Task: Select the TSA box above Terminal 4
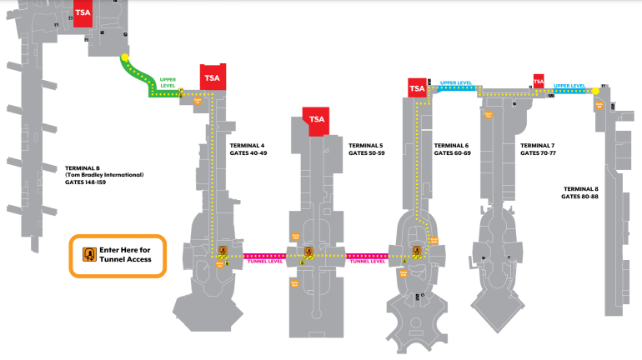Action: [x=213, y=77]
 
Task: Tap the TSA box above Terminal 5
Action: [x=316, y=120]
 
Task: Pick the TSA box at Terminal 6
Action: [x=417, y=87]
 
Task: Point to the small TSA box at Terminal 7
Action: [x=539, y=82]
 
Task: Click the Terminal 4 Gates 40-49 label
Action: [x=248, y=149]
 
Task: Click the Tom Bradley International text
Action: [x=104, y=175]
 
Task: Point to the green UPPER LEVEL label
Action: [x=168, y=82]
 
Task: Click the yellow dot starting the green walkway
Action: [x=125, y=58]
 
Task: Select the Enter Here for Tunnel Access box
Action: [x=118, y=255]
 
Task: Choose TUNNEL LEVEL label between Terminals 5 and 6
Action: [x=368, y=261]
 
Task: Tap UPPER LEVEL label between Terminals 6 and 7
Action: [x=455, y=83]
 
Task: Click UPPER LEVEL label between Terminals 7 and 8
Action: [x=570, y=85]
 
